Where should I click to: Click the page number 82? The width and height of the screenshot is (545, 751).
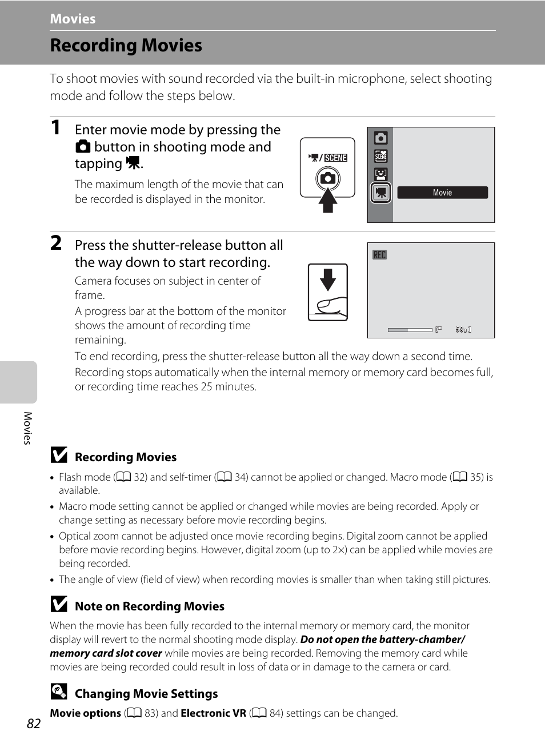pos(34,724)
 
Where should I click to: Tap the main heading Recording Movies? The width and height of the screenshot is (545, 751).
pos(126,45)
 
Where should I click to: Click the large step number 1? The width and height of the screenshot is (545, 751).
pos(55,127)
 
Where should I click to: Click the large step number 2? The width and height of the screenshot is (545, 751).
pos(56,243)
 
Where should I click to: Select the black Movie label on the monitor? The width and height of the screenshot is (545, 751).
pos(442,193)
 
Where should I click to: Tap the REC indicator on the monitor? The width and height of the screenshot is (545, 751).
pos(379,255)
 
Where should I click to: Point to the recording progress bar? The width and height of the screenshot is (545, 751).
pos(410,330)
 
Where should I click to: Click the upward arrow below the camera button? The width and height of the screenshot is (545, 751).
pos(327,201)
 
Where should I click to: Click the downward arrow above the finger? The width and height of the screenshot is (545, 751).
pos(328,279)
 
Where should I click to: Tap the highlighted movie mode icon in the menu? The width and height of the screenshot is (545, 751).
pos(380,193)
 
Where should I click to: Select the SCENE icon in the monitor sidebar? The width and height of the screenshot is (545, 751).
pos(380,156)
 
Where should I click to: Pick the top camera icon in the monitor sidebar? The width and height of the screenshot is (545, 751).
pos(380,138)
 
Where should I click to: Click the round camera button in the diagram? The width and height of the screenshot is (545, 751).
pos(328,178)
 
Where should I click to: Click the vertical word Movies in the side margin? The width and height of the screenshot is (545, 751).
pos(27,428)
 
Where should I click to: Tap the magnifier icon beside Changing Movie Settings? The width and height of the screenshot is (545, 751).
pos(58,692)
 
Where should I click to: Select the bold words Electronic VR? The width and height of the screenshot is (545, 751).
pos(213,713)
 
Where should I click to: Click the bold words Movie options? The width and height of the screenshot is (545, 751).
pos(85,713)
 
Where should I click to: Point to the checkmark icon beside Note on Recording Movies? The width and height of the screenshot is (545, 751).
pos(58,604)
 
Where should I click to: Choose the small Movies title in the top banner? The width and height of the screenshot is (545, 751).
pos(73,19)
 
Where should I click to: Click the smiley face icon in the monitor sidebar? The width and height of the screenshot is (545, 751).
pos(380,174)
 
